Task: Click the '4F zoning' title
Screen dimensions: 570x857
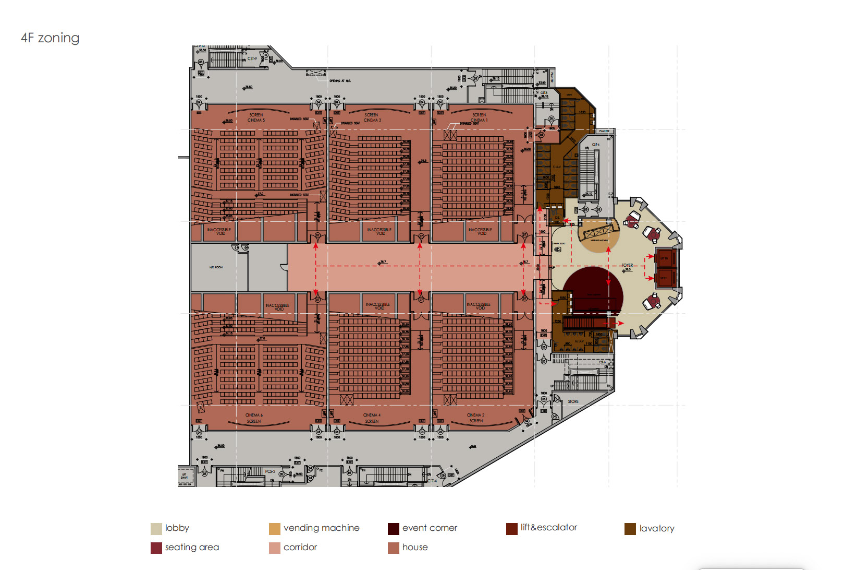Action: tap(50, 38)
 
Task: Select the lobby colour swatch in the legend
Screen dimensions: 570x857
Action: tap(156, 529)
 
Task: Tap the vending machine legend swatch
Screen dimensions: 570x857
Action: tap(275, 529)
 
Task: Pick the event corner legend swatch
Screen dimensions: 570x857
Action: tap(394, 529)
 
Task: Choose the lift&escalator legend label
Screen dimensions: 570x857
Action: tap(549, 528)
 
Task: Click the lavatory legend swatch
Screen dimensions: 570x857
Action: tap(630, 529)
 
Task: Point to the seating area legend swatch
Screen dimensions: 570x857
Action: tap(156, 548)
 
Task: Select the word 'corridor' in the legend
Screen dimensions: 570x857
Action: tap(300, 548)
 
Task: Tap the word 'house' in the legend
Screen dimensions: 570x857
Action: tap(415, 548)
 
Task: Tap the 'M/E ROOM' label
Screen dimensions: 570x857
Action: tap(216, 267)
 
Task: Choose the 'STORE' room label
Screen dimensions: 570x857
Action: tap(573, 401)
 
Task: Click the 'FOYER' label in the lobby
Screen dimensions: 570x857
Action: tap(627, 265)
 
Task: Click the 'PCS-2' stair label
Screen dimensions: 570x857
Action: tap(270, 471)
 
